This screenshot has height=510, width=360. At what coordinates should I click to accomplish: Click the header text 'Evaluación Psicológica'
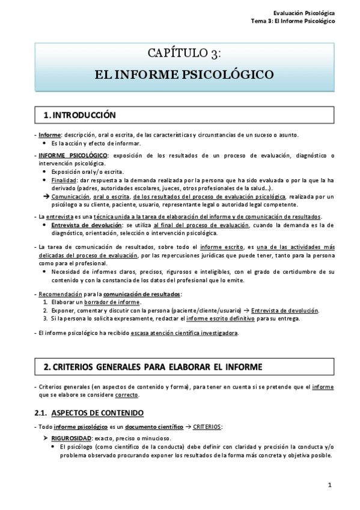[305, 12]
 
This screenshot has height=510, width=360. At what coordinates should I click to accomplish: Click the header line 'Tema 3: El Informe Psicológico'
[293, 20]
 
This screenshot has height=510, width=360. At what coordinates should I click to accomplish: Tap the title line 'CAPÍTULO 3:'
[185, 54]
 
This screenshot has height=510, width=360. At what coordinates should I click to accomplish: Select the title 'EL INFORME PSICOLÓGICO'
[185, 75]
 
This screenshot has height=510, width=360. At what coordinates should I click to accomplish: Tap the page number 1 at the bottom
[330, 485]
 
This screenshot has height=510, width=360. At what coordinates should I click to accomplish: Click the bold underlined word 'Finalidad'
[64, 180]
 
